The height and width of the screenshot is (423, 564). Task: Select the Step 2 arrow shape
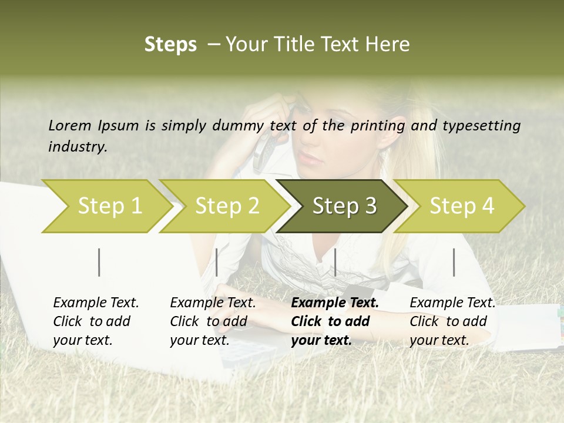pos(223,206)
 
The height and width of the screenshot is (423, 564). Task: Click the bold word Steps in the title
pos(170,44)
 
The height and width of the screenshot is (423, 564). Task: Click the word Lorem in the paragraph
pos(69,125)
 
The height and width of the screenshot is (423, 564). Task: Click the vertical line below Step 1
pos(99,262)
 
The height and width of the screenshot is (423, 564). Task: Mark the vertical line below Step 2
pos(217,262)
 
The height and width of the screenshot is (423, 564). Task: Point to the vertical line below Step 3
pos(335,262)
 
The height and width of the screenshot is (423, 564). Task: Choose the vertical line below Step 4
pos(454,262)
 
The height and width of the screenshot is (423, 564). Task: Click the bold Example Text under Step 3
pos(335,303)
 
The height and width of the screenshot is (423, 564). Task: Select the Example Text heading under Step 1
pos(96,303)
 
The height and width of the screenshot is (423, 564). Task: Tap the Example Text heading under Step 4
pos(452,303)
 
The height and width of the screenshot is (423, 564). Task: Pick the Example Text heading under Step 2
pos(213,303)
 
